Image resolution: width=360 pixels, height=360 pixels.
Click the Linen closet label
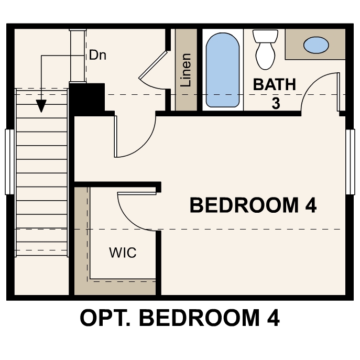186,70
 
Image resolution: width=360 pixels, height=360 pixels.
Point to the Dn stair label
97,54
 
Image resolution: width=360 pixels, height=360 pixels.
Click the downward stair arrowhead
41,106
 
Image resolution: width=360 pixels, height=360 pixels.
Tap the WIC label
123,253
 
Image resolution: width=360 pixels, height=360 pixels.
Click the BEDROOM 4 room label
253,205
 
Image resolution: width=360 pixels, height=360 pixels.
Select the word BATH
275,84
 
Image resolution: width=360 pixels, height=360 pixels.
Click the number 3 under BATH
276,103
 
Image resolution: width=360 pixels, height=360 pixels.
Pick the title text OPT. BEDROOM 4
180,318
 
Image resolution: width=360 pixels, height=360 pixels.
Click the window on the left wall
9,161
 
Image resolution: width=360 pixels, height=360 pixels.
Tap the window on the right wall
350,161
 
